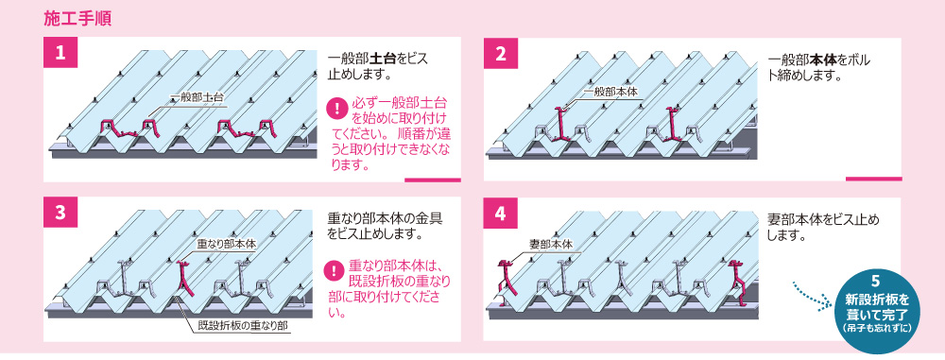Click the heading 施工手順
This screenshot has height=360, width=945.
77,18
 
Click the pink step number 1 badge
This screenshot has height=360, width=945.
60,54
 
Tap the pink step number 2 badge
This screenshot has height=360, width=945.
501,54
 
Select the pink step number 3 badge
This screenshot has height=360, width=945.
60,214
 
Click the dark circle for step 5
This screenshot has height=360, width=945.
876,306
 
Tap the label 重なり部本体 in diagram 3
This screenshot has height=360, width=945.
219,245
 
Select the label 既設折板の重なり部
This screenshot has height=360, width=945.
244,327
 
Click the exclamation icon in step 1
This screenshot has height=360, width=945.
335,110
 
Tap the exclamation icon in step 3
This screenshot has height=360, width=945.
334,271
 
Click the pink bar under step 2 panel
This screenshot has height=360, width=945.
873,180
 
